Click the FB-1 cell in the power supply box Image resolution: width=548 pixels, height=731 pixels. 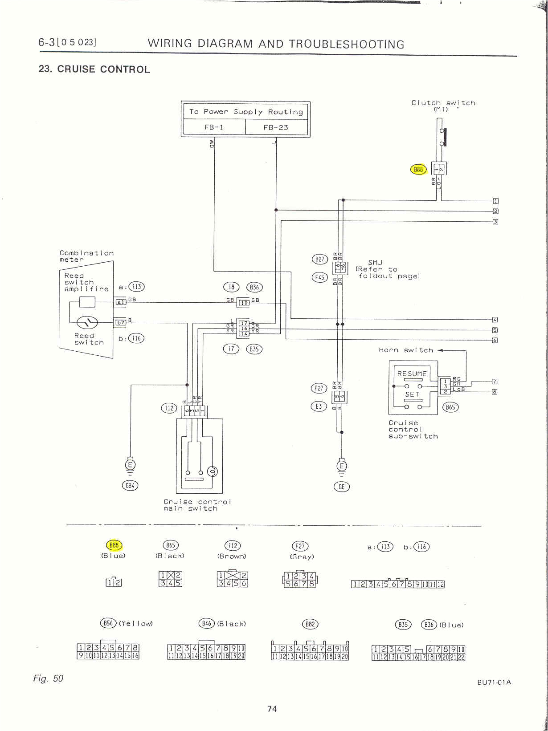pyautogui.click(x=214, y=127)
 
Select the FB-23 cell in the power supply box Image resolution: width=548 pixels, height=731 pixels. pyautogui.click(x=276, y=127)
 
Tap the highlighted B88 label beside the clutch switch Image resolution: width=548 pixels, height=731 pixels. pyautogui.click(x=418, y=169)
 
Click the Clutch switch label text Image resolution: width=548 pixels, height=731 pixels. pyautogui.click(x=443, y=103)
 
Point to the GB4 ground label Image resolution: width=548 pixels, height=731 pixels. pyautogui.click(x=130, y=486)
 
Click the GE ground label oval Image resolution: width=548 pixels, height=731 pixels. pyautogui.click(x=342, y=487)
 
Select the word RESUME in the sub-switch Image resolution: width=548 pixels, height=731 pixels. pyautogui.click(x=412, y=374)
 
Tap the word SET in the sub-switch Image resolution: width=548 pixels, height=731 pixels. pyautogui.click(x=412, y=394)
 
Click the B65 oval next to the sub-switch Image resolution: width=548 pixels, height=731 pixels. pyautogui.click(x=450, y=407)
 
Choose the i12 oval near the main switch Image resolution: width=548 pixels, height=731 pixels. pyautogui.click(x=169, y=408)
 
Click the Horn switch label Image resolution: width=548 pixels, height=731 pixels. pyautogui.click(x=405, y=350)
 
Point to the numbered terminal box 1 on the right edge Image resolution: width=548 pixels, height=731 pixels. pyautogui.click(x=495, y=201)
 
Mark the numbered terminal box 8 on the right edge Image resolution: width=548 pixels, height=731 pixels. pyautogui.click(x=495, y=392)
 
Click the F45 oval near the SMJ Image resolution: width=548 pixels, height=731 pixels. pyautogui.click(x=319, y=277)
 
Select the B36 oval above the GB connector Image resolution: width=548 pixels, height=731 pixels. pyautogui.click(x=254, y=287)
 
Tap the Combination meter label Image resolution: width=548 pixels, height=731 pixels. pyautogui.click(x=86, y=256)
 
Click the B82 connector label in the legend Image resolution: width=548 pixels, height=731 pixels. pyautogui.click(x=310, y=624)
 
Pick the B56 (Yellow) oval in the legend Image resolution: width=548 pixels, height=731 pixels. pyautogui.click(x=108, y=623)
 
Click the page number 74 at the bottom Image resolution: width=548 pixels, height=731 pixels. pyautogui.click(x=272, y=709)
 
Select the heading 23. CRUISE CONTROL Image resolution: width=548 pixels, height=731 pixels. pyautogui.click(x=94, y=69)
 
